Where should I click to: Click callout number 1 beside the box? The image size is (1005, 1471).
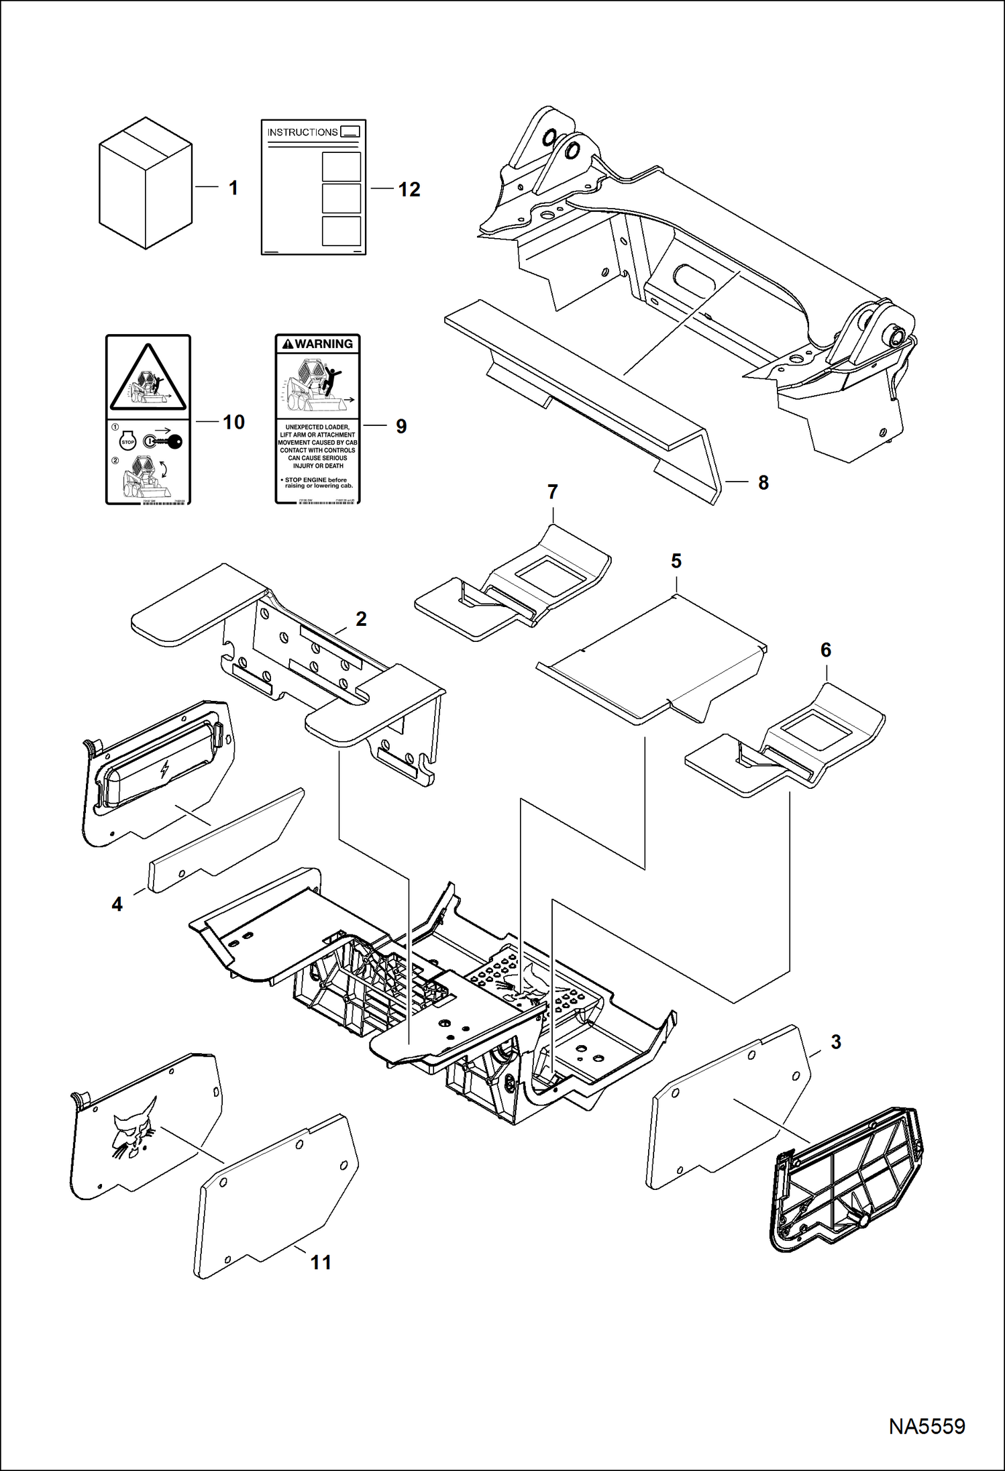233,188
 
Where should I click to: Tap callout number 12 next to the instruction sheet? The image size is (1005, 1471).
409,190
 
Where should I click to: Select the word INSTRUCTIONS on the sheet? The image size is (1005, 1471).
303,132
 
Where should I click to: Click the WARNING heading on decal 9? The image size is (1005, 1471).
318,344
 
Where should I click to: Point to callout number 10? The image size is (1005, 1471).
233,422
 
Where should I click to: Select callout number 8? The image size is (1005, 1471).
763,482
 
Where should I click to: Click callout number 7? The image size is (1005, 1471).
552,492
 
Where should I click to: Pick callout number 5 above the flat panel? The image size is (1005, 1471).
676,560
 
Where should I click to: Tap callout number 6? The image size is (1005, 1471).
825,649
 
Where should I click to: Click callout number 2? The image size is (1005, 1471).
361,618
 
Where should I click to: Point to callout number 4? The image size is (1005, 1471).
117,904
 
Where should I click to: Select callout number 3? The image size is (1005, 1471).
836,1042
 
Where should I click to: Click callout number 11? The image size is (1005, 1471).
321,1262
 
